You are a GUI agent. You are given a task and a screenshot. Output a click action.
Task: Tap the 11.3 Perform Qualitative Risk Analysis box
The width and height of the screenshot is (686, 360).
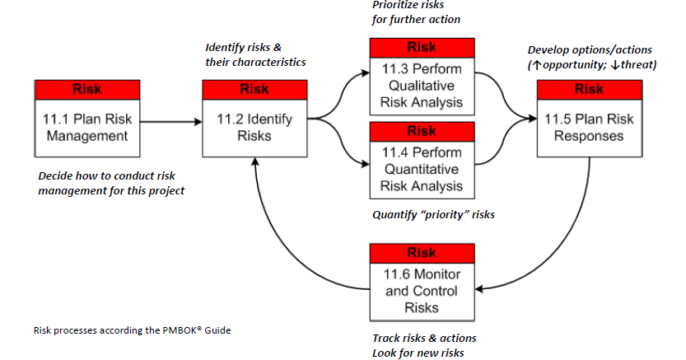421,86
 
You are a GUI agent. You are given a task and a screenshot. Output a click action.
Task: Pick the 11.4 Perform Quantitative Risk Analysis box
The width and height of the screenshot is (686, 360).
421,169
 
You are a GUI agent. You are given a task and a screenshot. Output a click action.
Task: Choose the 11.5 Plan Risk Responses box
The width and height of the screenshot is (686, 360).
588,127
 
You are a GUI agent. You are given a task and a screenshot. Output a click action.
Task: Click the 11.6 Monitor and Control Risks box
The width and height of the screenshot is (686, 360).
421,290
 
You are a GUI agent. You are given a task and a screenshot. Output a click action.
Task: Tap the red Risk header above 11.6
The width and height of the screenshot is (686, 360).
421,251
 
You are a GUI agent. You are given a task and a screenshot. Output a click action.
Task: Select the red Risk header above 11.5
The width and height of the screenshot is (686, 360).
588,88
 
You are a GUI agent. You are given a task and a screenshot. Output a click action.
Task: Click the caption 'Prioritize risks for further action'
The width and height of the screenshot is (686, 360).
416,13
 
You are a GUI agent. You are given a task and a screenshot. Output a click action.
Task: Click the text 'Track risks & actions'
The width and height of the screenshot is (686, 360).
424,338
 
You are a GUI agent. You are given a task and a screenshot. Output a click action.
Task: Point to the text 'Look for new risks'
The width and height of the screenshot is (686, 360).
418,353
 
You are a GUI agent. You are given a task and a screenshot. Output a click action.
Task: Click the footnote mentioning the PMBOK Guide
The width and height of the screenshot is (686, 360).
132,330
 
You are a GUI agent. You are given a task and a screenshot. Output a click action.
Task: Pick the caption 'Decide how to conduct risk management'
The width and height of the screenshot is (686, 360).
111,183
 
